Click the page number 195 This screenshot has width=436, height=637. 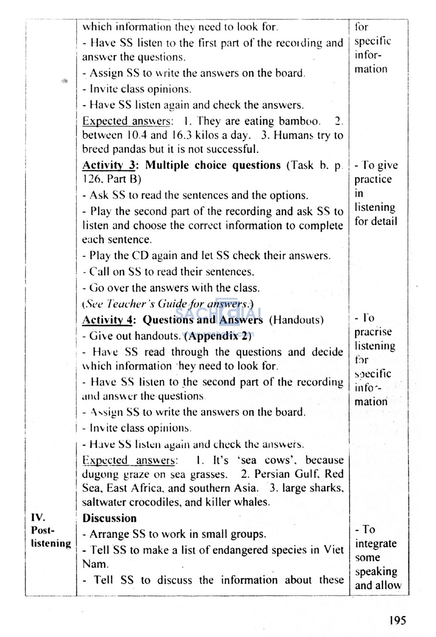397,620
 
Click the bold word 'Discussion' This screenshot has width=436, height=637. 109,518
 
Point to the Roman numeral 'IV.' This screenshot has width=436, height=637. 38,517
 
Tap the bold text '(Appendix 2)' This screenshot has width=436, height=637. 218,336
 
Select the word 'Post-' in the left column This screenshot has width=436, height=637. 43,530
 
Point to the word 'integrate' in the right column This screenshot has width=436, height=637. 376,544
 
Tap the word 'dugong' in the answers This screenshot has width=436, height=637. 100,475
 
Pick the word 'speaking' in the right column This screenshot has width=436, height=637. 376,572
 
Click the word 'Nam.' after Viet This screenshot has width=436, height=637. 95,564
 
